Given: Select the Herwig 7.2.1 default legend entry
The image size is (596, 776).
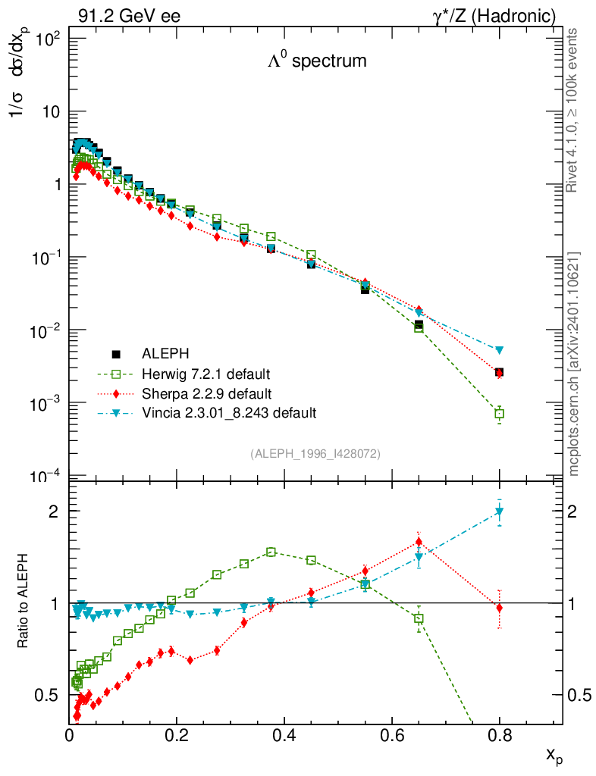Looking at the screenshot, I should (206, 374).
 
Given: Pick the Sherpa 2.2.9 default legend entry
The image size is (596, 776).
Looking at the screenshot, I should (206, 394).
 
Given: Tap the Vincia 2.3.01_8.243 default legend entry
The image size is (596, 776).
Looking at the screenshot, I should (228, 414).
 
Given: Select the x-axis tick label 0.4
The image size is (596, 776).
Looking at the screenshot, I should (284, 734).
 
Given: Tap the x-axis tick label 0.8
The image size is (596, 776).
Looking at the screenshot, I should (499, 734).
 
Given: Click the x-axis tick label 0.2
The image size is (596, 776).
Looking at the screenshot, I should (177, 734).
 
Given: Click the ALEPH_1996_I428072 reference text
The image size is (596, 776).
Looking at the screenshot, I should (315, 453).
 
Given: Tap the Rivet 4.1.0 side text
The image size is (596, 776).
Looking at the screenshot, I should (574, 111).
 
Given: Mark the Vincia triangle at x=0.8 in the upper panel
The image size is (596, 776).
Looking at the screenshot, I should (499, 350).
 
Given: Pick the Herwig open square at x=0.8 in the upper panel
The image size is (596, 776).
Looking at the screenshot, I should (499, 414).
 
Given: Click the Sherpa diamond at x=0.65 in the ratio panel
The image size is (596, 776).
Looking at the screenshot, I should (419, 543).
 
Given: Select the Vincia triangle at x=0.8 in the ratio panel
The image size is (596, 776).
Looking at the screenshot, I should (499, 512).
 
